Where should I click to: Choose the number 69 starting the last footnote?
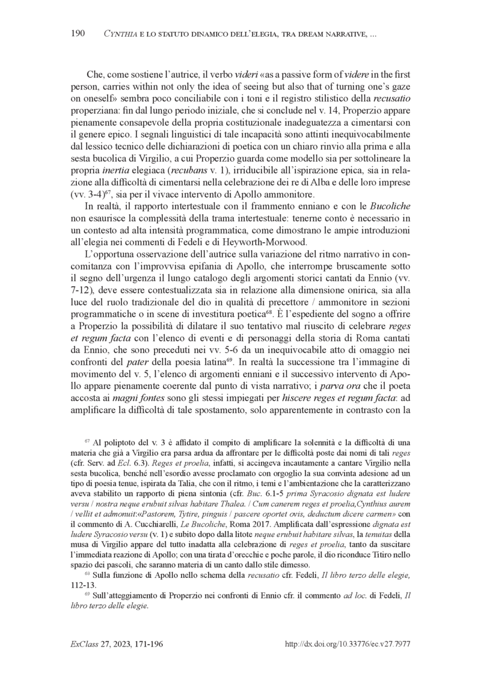pyautogui.click(x=88, y=596)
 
